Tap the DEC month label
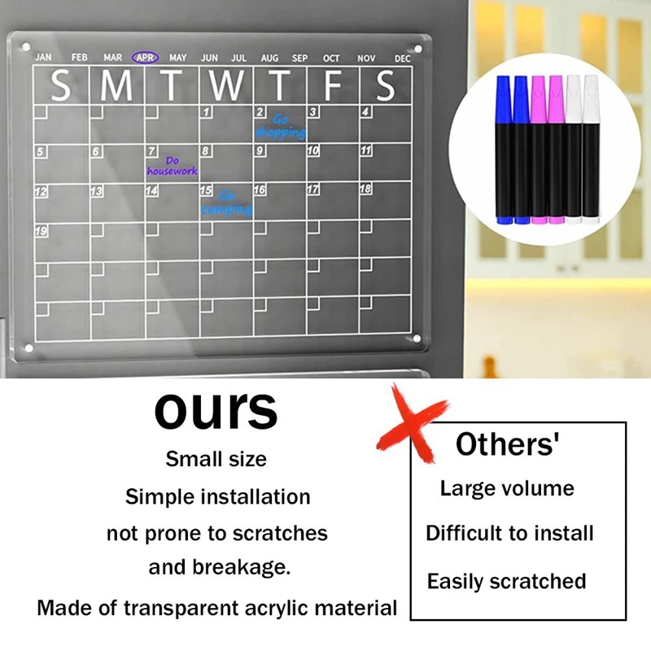403,59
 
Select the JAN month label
44,58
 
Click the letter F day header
332,85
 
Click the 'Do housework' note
172,166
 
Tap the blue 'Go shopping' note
280,126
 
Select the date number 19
41,231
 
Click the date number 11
366,151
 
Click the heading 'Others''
508,445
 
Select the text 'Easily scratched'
506,582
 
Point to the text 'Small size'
216,459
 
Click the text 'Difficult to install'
509,534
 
